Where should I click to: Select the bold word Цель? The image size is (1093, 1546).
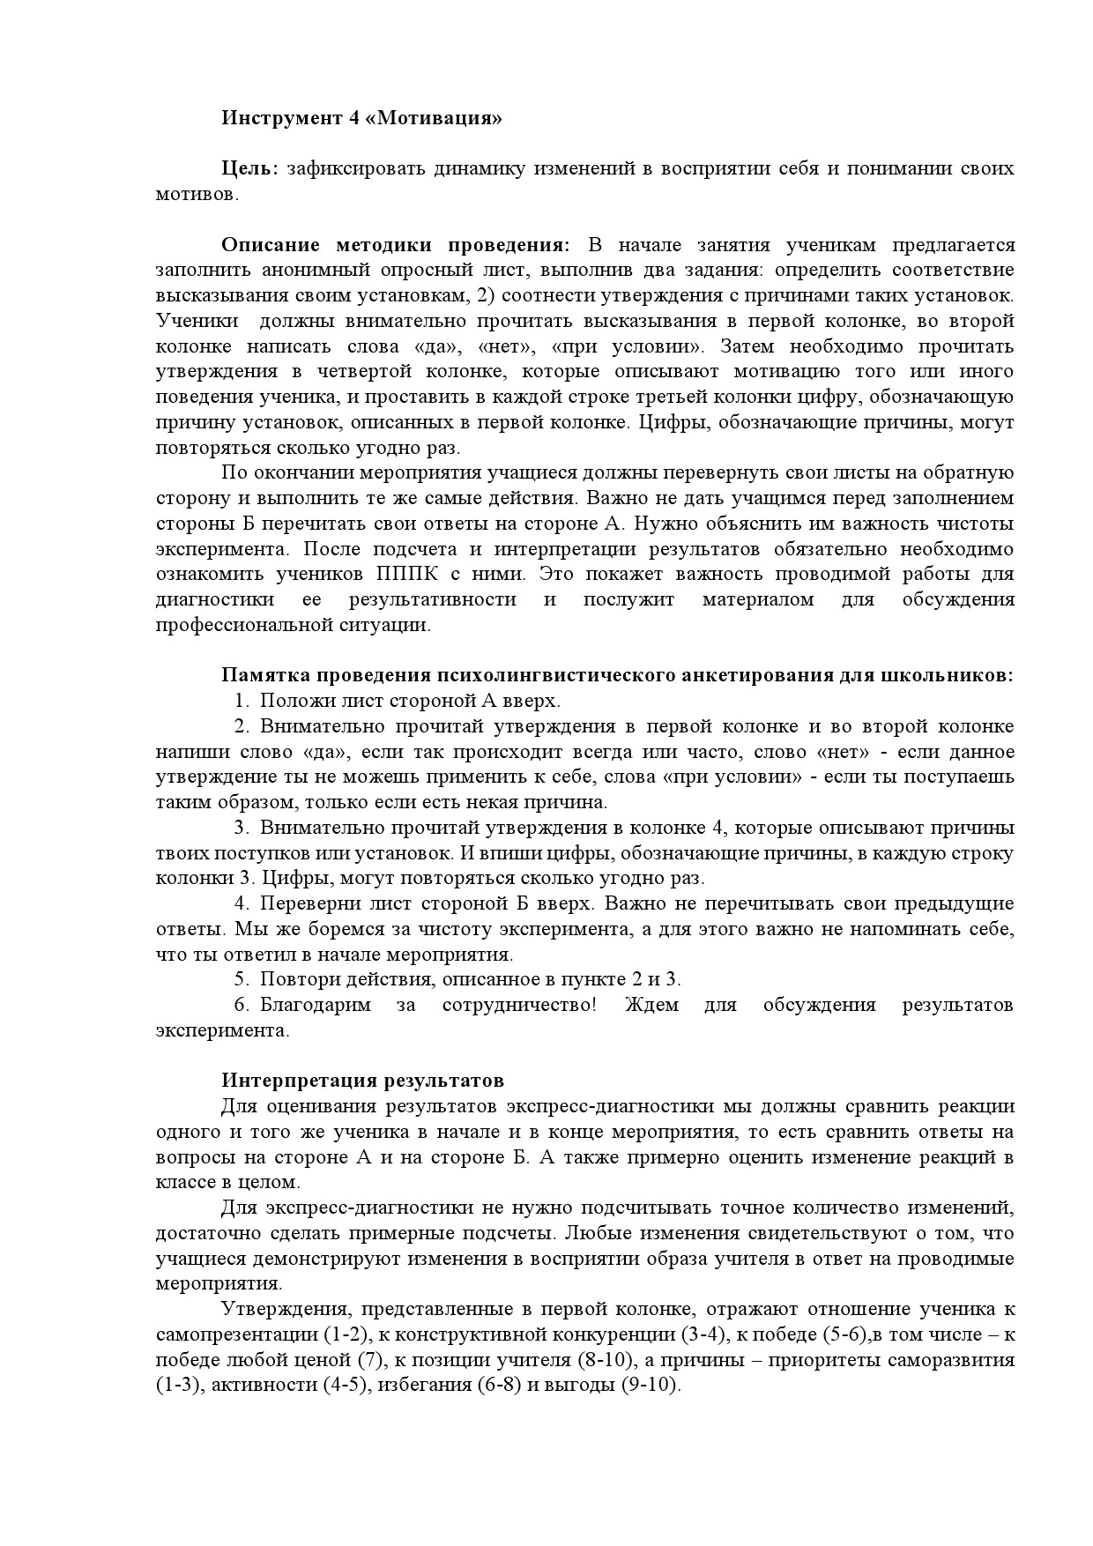coord(249,168)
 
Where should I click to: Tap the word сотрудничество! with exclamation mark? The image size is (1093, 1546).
coord(519,1005)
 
